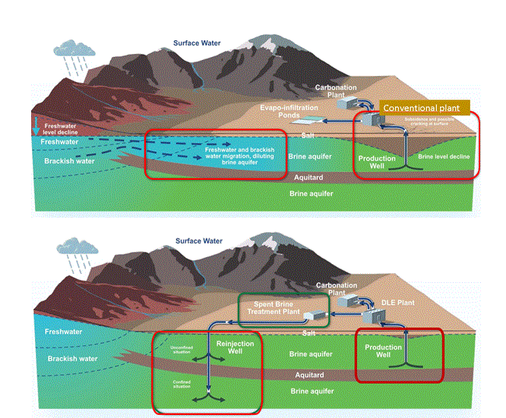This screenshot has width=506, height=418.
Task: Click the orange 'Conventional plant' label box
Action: (425, 108)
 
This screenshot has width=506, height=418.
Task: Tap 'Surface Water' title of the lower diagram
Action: (198, 240)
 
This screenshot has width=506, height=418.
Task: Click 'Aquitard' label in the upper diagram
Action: (307, 177)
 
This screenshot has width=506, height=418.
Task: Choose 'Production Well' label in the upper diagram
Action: (377, 162)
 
